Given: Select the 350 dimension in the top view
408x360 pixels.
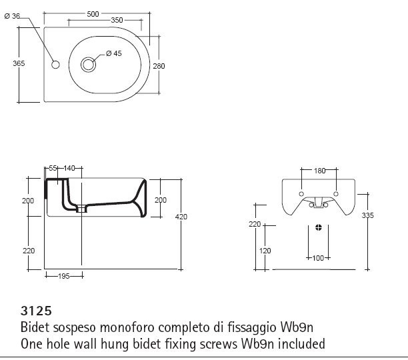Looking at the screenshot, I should pyautogui.click(x=117, y=21).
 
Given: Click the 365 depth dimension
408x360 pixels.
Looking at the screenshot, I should pyautogui.click(x=19, y=63).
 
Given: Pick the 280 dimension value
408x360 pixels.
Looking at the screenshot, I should pyautogui.click(x=159, y=66).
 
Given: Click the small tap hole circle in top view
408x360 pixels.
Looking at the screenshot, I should pyautogui.click(x=55, y=65).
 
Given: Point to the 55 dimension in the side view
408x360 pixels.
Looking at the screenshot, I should pyautogui.click(x=53, y=169).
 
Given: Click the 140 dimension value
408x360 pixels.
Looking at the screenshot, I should pyautogui.click(x=69, y=169).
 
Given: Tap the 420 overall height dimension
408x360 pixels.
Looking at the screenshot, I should pyautogui.click(x=181, y=217).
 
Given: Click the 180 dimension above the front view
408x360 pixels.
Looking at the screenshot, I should pyautogui.click(x=319, y=171).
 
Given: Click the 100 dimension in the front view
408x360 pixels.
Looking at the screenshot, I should pyautogui.click(x=318, y=258).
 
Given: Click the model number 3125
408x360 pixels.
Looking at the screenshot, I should pyautogui.click(x=35, y=311).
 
